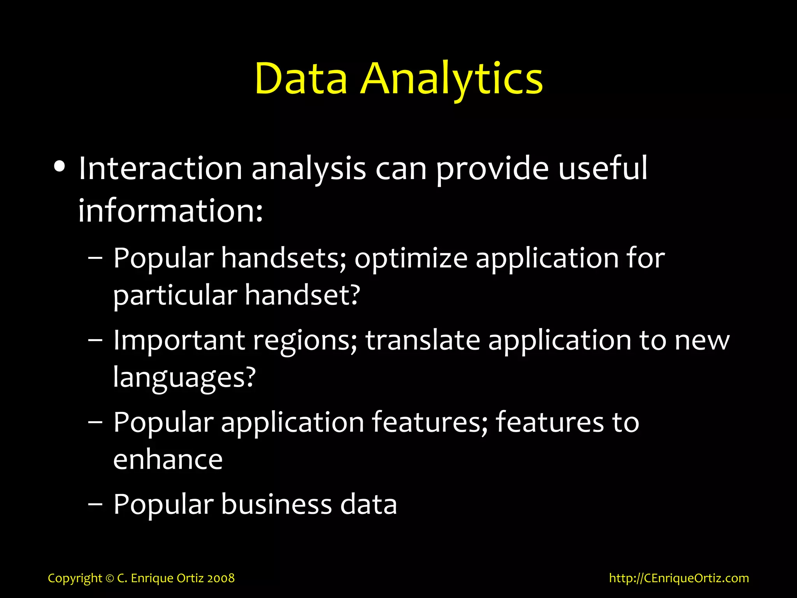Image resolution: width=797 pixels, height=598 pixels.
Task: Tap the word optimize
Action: coord(411,259)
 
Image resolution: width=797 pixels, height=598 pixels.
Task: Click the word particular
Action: coord(175,295)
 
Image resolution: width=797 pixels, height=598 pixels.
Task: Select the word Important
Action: coord(179,340)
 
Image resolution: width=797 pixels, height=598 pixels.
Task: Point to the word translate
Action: coord(423,340)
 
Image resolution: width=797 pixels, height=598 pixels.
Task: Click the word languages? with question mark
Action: coord(184,377)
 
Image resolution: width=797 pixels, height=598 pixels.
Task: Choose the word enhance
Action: coord(168,459)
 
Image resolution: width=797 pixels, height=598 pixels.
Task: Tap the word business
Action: coord(277,504)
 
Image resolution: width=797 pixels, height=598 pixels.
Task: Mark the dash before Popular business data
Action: coord(95,504)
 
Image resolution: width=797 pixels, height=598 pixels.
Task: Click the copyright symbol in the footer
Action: coord(109,579)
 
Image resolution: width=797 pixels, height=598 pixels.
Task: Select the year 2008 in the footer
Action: coord(221,578)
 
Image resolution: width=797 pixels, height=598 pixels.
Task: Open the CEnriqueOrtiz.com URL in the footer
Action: coord(679,578)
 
